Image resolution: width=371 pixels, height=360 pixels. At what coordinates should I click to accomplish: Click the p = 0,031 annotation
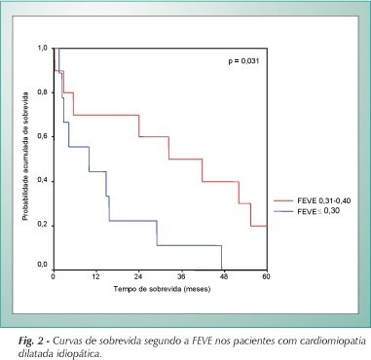243,60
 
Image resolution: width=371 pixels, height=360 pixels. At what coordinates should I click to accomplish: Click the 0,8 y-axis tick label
43,92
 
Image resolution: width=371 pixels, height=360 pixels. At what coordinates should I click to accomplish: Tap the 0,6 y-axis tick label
43,137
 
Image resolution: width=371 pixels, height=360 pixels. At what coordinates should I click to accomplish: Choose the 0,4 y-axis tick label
43,181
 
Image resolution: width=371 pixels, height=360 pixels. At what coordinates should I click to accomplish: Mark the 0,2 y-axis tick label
43,226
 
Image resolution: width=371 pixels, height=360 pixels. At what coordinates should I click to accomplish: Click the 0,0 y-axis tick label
43,265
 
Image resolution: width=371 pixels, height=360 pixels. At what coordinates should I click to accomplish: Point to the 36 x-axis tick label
181,276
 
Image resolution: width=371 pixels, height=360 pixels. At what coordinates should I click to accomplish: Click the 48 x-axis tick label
224,276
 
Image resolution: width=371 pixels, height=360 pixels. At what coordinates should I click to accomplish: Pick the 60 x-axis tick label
267,276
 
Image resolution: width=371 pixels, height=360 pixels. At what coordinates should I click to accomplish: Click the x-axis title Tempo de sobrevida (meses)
162,289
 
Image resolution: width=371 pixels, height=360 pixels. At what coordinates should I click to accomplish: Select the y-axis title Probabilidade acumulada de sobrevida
25,157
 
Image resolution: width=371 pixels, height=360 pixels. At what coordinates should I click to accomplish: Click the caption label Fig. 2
31,342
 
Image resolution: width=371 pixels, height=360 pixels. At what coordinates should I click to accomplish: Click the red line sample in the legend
283,201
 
